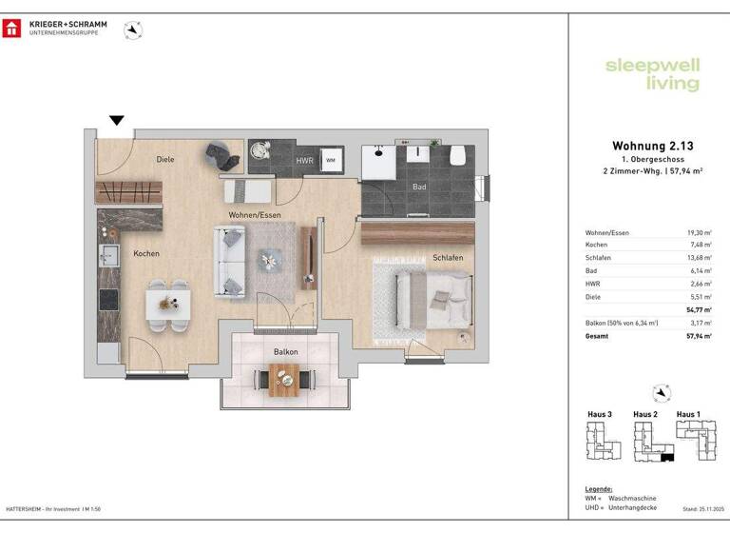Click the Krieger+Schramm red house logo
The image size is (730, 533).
pyautogui.click(x=11, y=28)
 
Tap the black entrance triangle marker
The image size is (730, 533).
pyautogui.click(x=116, y=121)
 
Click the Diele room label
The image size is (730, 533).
pyautogui.click(x=165, y=160)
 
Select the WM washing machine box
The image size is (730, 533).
pyautogui.click(x=331, y=161)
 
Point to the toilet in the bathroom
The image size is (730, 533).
pyautogui.click(x=457, y=154)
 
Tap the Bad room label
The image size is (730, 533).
pyautogui.click(x=418, y=187)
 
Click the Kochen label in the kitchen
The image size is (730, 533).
pyautogui.click(x=145, y=253)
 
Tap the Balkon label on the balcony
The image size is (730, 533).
pyautogui.click(x=285, y=352)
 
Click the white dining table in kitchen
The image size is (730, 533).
pyautogui.click(x=167, y=305)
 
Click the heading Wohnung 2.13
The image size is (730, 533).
pyautogui.click(x=653, y=146)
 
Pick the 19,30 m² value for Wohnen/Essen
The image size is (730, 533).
pyautogui.click(x=699, y=233)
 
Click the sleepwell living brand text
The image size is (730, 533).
pyautogui.click(x=652, y=74)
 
